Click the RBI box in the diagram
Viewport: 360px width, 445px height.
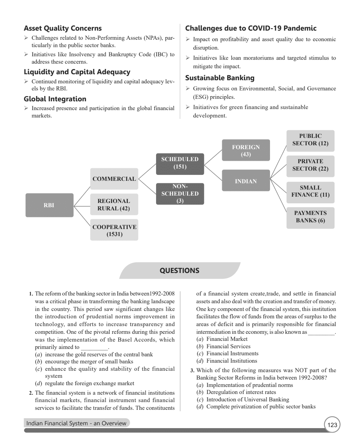coord(49,205)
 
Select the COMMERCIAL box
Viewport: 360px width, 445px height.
coord(114,179)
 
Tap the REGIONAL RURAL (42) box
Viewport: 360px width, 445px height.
coord(114,204)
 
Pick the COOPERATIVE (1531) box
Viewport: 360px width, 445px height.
coord(114,230)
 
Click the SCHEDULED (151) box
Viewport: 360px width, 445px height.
coord(180,163)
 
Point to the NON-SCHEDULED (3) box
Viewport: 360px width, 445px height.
coord(180,193)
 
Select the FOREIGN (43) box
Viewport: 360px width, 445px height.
coord(246,151)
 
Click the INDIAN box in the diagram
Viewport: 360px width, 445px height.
coord(246,181)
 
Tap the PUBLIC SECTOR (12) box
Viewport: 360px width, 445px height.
coord(310,140)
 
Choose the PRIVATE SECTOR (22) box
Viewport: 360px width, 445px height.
coord(310,165)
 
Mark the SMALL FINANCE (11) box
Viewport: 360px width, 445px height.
coord(310,191)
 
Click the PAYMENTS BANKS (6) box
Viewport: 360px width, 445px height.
coord(310,217)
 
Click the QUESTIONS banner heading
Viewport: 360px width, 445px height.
coord(179,271)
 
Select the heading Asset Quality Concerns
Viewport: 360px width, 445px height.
coord(63,28)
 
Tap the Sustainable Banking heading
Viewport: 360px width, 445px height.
coord(220,78)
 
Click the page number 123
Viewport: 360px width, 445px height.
coord(332,425)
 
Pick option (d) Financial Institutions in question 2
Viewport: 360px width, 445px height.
coord(231,361)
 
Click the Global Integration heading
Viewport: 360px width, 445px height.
coord(55,99)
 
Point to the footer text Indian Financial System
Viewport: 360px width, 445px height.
coord(76,423)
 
